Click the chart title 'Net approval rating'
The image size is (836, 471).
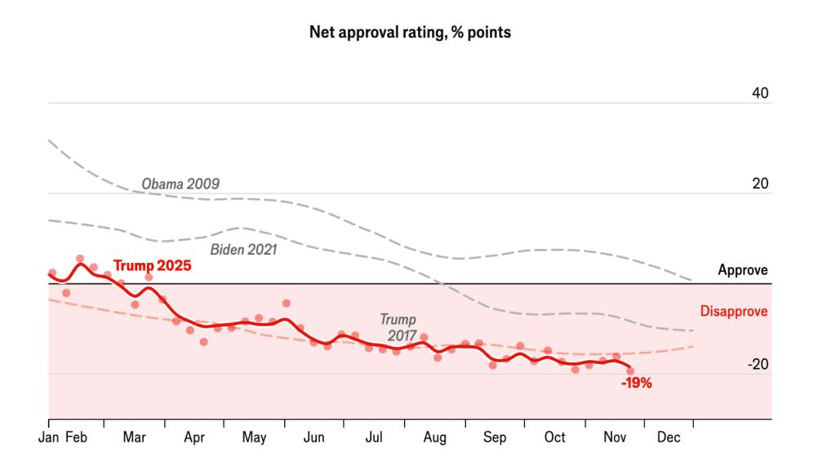tap(410, 33)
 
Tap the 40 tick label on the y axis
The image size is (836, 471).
tap(760, 94)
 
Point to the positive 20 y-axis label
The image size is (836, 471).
tap(760, 184)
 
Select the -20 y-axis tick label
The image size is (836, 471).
tap(758, 365)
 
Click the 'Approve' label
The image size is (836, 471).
tap(743, 270)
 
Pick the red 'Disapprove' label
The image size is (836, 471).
tap(734, 311)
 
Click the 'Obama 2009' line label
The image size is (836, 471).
tap(180, 184)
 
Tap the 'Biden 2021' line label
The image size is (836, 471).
tap(243, 249)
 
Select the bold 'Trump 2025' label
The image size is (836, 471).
tap(152, 265)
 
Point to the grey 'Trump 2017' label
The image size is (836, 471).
tap(398, 327)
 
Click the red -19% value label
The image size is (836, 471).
tap(636, 383)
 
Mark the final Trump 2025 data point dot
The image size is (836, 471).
tap(630, 371)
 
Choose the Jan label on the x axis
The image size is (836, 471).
tap(49, 438)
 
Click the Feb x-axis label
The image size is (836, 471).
tap(76, 438)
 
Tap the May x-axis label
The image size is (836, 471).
tap(254, 438)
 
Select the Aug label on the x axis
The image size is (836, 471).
tap(434, 438)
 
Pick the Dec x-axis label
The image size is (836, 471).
tap(668, 438)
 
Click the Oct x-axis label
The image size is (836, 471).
tap(555, 438)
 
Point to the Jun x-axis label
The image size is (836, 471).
tap(313, 438)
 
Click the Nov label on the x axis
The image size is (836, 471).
tap(614, 438)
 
